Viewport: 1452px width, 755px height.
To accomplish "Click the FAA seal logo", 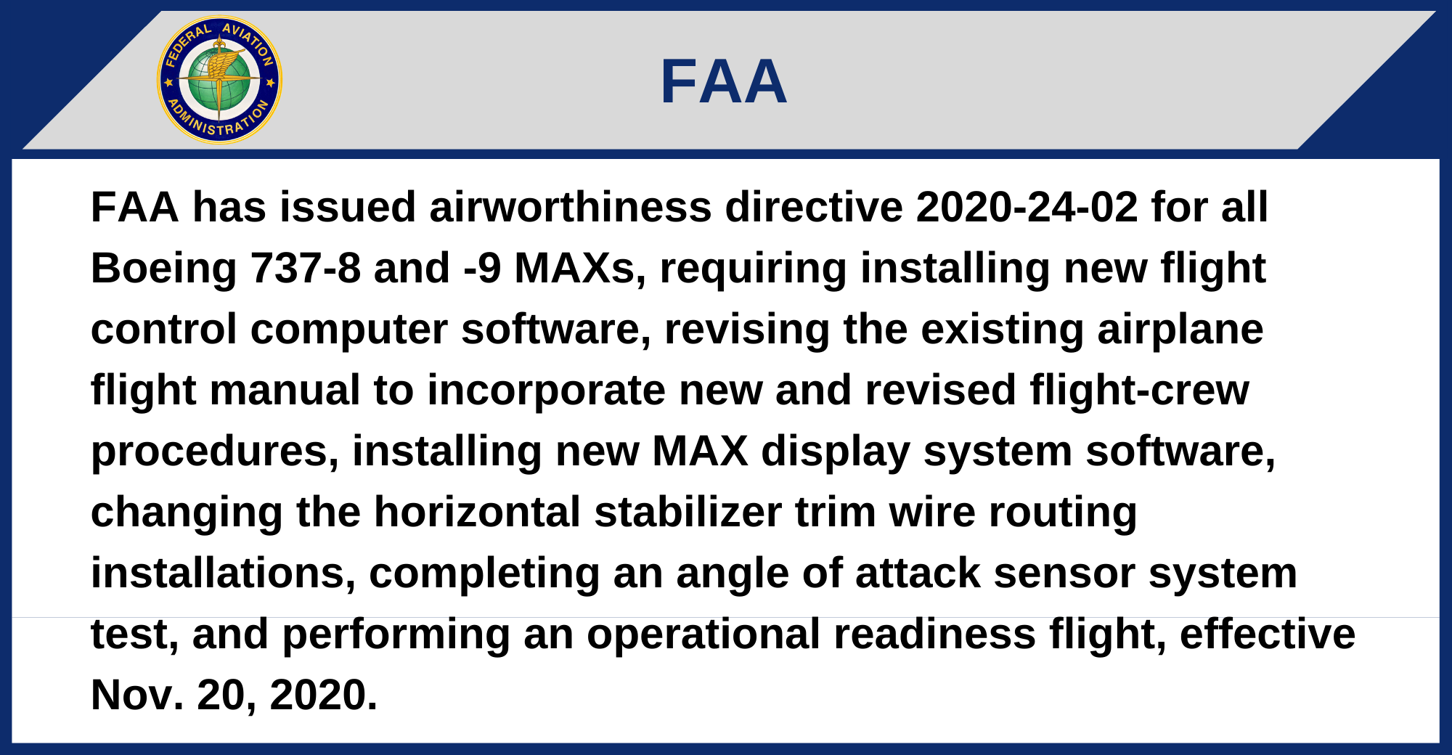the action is pos(219,81).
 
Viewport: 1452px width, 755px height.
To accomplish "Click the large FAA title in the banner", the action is pos(724,81).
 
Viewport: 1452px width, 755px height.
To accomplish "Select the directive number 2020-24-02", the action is pos(1027,207).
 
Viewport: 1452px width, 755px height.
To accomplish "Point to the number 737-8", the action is pos(306,268).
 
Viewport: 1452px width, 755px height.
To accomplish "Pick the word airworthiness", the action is pos(570,207).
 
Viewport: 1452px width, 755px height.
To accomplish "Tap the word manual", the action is pos(285,390).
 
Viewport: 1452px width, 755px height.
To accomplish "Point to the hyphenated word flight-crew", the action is pos(1139,391).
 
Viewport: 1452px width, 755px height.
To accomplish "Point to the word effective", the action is pos(1268,634).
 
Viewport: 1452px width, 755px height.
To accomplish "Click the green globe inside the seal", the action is pos(219,81).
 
